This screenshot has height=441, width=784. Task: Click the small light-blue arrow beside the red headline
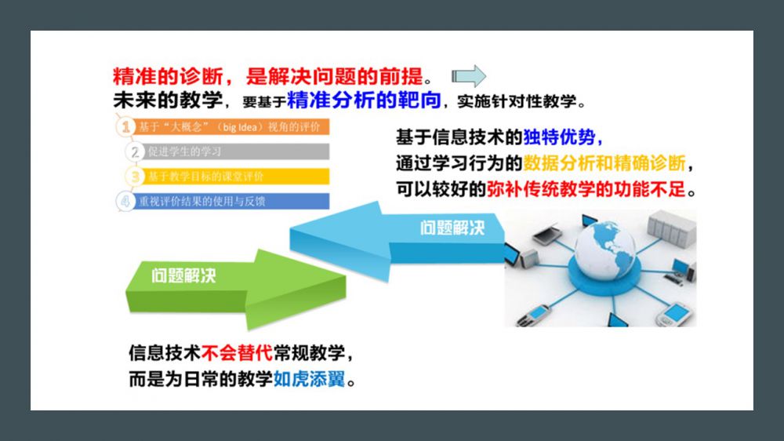(469, 76)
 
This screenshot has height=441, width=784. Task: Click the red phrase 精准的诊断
(168, 77)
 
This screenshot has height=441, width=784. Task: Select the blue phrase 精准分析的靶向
(364, 100)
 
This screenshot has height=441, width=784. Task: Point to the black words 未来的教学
(168, 100)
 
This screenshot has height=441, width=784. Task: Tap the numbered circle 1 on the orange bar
(125, 126)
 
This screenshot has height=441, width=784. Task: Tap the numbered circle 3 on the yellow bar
(135, 177)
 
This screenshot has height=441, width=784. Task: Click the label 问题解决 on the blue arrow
(452, 228)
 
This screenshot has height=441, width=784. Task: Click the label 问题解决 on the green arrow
(183, 275)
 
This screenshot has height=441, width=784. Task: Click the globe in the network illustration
(604, 249)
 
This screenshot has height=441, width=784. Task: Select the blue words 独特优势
(559, 137)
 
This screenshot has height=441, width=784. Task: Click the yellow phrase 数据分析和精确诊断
(604, 163)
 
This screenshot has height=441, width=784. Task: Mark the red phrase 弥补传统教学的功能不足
(586, 189)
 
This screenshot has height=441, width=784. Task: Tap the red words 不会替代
(237, 353)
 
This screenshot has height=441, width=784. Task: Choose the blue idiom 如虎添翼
(309, 379)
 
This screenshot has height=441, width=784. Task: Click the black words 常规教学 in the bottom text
(309, 353)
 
